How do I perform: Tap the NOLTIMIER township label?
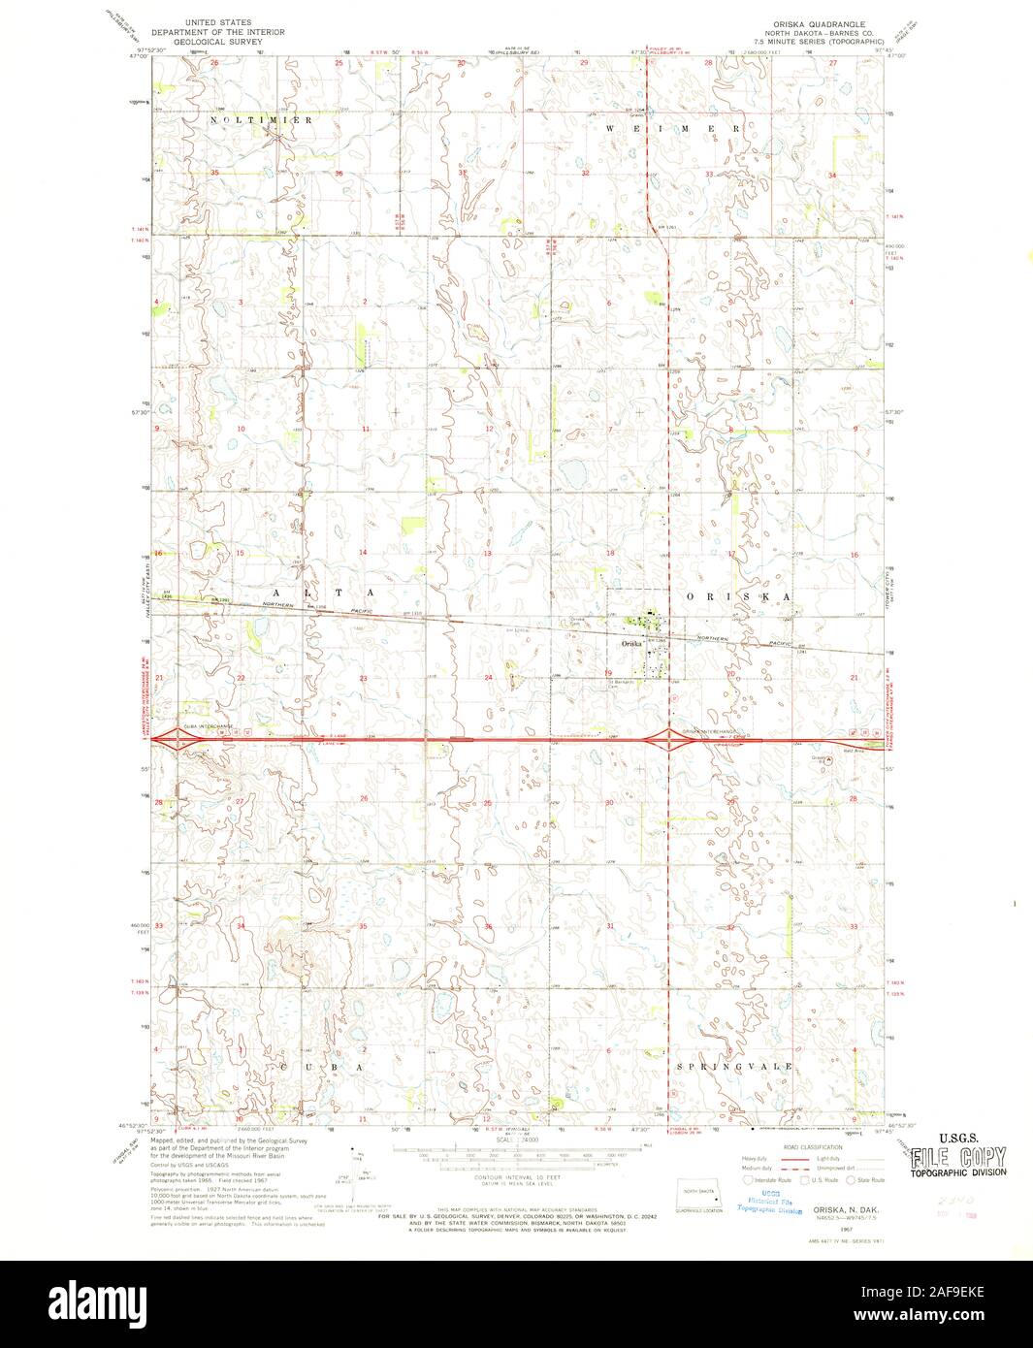[x=260, y=119]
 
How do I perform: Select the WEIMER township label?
[x=673, y=128]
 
